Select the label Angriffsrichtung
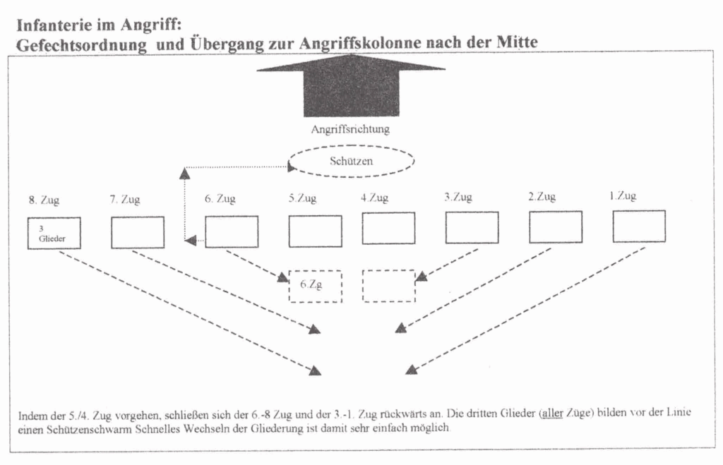(350, 129)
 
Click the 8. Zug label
(44, 200)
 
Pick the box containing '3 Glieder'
(54, 233)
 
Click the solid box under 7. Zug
(138, 233)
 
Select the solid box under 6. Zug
(232, 232)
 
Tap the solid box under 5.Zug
(316, 231)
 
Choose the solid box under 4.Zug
(388, 228)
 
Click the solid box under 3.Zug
(472, 227)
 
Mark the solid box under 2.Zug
(556, 227)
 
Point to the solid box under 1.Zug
(639, 227)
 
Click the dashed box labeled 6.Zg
(316, 286)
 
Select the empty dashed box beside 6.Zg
(389, 286)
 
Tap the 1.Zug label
(623, 196)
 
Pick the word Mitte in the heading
(517, 42)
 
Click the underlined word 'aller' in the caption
(552, 413)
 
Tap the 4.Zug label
(374, 198)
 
